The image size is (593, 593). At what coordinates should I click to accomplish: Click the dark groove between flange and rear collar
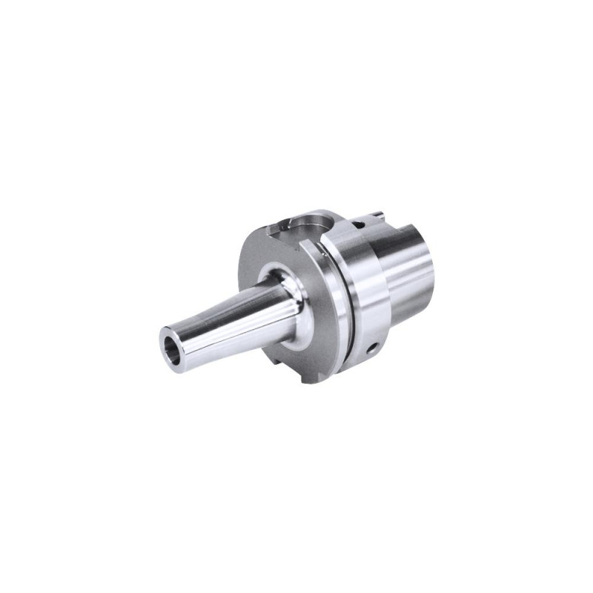[341, 311]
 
